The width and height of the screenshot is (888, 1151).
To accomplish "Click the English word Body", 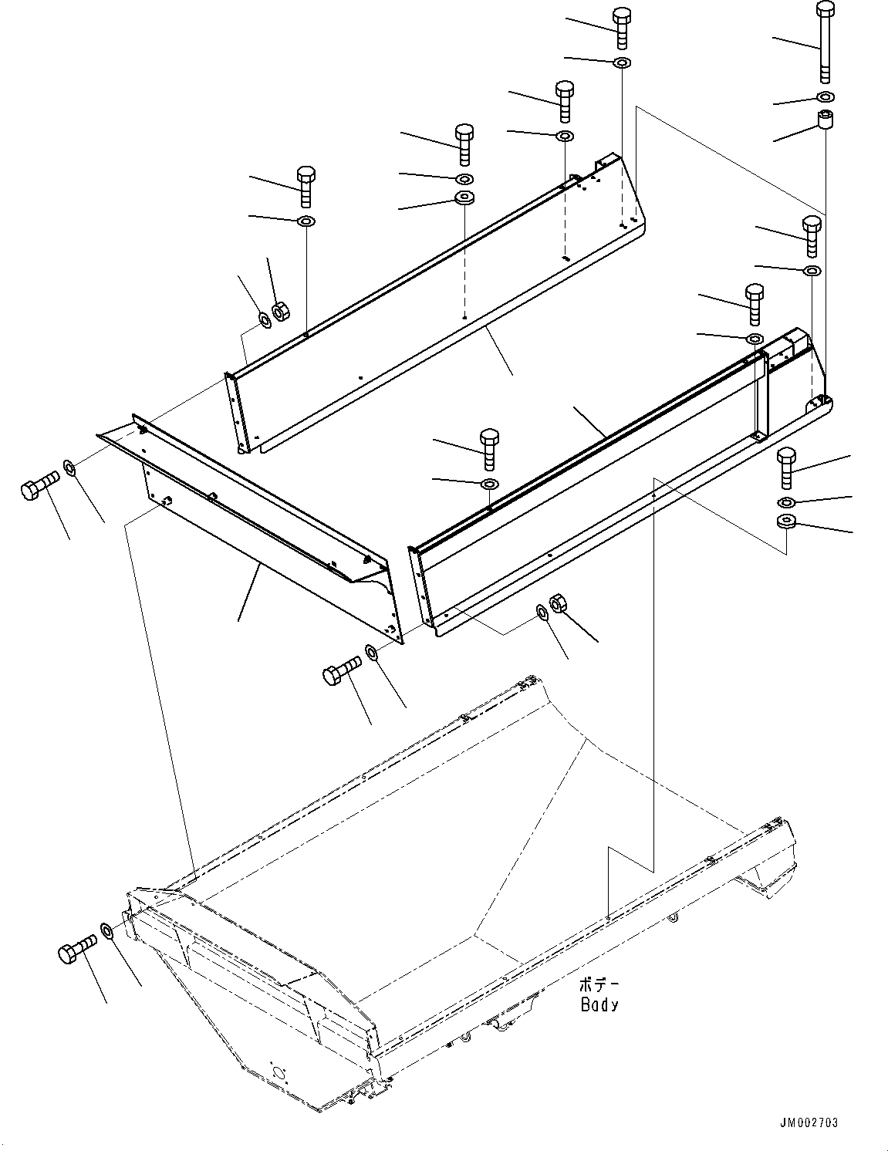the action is coord(599,1004).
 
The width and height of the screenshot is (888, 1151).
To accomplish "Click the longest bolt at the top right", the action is coord(825,42).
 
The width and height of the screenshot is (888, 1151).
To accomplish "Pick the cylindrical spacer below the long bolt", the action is coord(825,119).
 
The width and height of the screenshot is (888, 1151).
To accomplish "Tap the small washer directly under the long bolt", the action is coord(826,96).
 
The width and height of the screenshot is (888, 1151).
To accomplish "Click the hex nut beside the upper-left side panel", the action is coord(281,312).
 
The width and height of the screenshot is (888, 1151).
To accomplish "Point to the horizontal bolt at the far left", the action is coord(40,484).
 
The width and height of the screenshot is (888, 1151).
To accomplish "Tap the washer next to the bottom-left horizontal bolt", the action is coord(106,930).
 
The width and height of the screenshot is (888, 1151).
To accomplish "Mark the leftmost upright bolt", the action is coord(306,187).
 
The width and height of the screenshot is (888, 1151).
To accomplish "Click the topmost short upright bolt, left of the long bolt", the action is coord(622,28).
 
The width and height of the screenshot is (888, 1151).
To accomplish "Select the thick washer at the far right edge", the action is coord(787,521).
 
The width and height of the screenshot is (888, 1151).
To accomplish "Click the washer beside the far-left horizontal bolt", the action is coord(69,467).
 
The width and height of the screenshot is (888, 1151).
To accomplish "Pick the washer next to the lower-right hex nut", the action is coord(543,612).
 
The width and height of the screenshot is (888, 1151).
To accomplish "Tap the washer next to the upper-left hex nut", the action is coord(264,320).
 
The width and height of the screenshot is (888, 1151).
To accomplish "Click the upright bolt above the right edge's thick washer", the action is coord(787,468).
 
